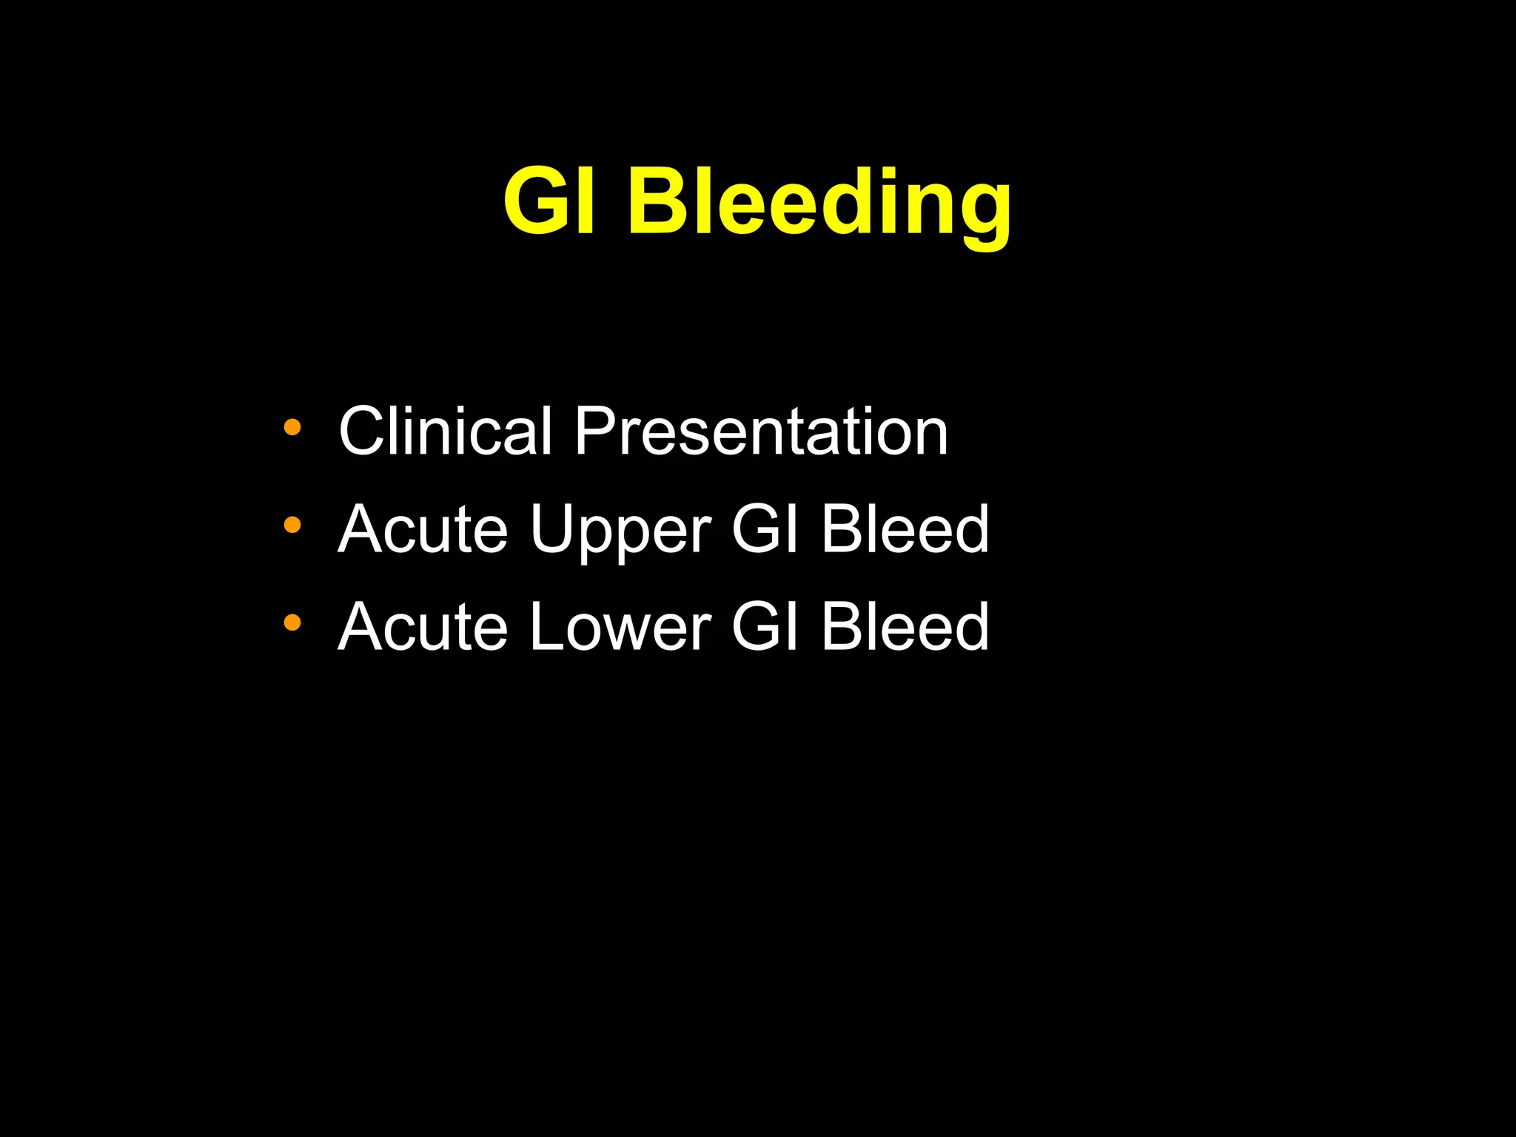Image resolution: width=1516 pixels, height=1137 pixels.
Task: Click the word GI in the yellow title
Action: [x=549, y=201]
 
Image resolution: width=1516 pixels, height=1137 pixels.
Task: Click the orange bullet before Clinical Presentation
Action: [x=292, y=427]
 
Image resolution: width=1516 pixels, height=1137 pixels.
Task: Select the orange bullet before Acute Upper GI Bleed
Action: [x=292, y=525]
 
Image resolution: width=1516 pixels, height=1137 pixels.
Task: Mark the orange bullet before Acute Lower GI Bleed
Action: [x=292, y=623]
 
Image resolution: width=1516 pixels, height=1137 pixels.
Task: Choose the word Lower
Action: [x=620, y=627]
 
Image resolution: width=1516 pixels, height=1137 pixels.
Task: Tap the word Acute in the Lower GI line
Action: [x=423, y=627]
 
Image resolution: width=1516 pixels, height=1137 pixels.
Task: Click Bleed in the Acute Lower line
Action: [x=905, y=627]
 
